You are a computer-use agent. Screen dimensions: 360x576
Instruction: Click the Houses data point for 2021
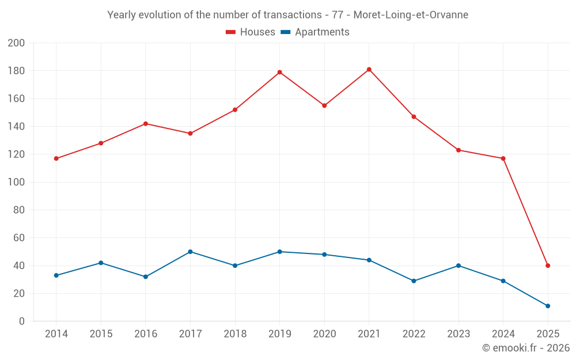pyautogui.click(x=369, y=70)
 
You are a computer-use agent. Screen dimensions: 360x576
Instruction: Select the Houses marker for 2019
pyautogui.click(x=279, y=72)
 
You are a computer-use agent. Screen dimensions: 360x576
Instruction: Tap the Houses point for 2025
pyautogui.click(x=548, y=266)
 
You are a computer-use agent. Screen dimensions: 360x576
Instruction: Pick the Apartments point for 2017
pyautogui.click(x=190, y=252)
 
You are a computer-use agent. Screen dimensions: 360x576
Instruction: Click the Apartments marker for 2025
pyautogui.click(x=548, y=306)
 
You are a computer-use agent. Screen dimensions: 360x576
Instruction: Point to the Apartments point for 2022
pyautogui.click(x=414, y=281)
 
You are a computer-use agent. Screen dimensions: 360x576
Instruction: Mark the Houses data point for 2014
pyautogui.click(x=56, y=158)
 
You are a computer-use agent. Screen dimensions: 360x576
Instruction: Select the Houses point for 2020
pyautogui.click(x=324, y=105)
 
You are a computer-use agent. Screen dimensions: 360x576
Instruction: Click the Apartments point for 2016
pyautogui.click(x=145, y=276)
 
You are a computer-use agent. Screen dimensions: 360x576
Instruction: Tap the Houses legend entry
pyautogui.click(x=251, y=32)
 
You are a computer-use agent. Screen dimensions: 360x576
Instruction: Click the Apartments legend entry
pyautogui.click(x=315, y=32)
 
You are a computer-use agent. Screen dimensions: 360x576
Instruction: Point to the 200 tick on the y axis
pyautogui.click(x=16, y=43)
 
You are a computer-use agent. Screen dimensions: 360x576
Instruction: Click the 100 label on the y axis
pyautogui.click(x=16, y=182)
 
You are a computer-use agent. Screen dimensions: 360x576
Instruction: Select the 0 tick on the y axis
pyautogui.click(x=21, y=321)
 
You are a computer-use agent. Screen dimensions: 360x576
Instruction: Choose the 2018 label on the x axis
pyautogui.click(x=235, y=334)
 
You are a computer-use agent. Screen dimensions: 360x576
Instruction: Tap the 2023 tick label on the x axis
pyautogui.click(x=458, y=334)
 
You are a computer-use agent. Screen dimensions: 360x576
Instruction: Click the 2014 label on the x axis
pyautogui.click(x=56, y=334)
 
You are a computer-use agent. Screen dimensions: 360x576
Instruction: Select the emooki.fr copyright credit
pyautogui.click(x=525, y=348)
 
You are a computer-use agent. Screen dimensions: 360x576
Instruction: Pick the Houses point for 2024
pyautogui.click(x=503, y=158)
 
